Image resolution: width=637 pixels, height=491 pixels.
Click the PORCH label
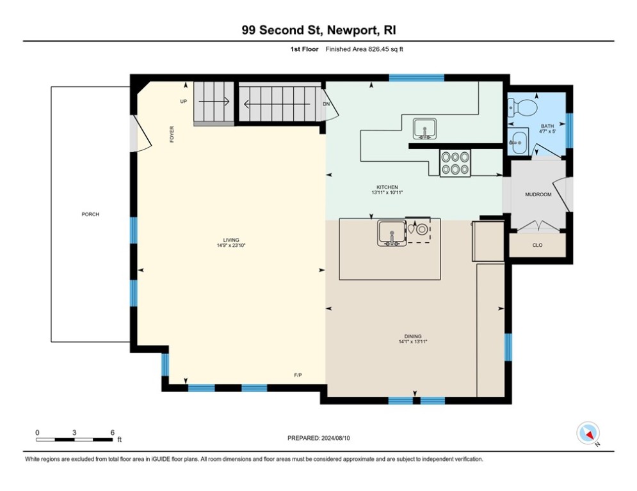[90, 214]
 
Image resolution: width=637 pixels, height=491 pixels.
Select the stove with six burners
[455, 163]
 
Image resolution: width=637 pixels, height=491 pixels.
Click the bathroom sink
[518, 141]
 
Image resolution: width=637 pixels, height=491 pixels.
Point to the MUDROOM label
[538, 195]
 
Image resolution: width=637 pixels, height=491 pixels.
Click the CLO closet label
[538, 245]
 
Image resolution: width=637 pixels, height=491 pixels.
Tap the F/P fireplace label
[298, 375]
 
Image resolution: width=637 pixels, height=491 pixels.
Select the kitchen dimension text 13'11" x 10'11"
[387, 192]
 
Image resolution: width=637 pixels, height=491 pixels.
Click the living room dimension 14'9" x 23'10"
[231, 245]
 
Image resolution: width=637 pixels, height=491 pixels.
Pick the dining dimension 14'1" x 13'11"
[413, 341]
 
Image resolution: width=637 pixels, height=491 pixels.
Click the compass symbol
[588, 433]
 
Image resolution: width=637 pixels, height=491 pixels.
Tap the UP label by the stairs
[184, 102]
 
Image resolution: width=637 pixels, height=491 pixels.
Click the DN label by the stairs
[327, 104]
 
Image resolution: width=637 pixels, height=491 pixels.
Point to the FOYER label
[172, 134]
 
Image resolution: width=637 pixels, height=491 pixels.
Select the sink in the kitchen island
[392, 233]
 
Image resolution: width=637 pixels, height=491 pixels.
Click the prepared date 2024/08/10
[335, 438]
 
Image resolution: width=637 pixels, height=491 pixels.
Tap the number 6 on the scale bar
[113, 433]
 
